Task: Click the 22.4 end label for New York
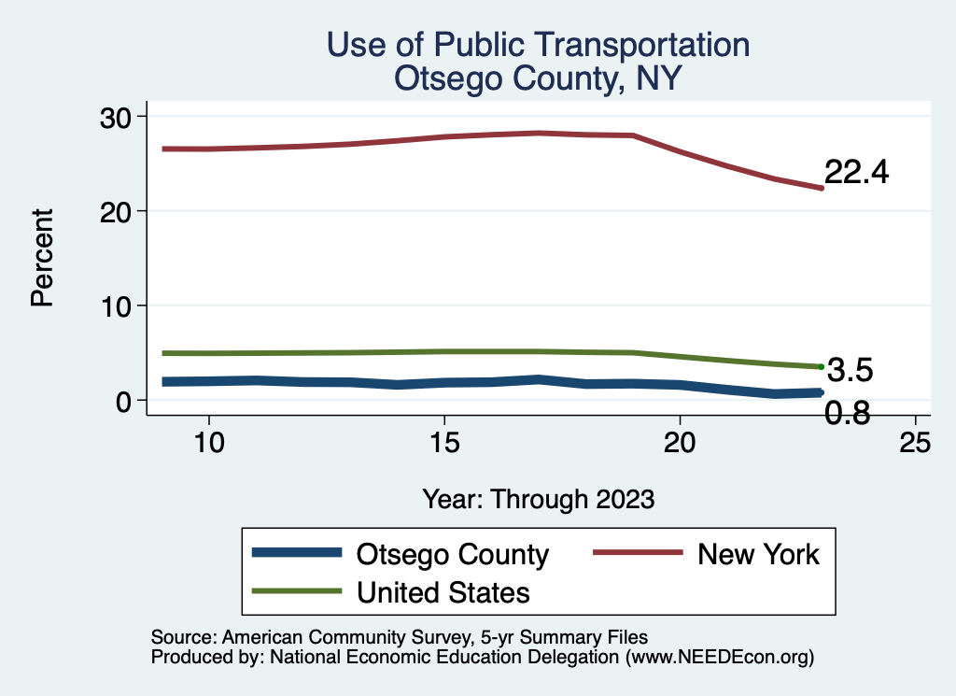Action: click(x=856, y=173)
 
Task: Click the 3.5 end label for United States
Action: click(x=850, y=371)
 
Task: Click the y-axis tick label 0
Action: click(x=125, y=401)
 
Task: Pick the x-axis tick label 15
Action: click(x=444, y=443)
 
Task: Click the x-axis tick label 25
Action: click(x=915, y=443)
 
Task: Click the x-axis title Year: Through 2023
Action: click(x=539, y=499)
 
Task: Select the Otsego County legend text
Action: click(x=453, y=554)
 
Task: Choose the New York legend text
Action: click(x=758, y=554)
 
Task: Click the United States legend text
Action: click(x=443, y=592)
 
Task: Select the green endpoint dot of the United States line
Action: click(x=821, y=367)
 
